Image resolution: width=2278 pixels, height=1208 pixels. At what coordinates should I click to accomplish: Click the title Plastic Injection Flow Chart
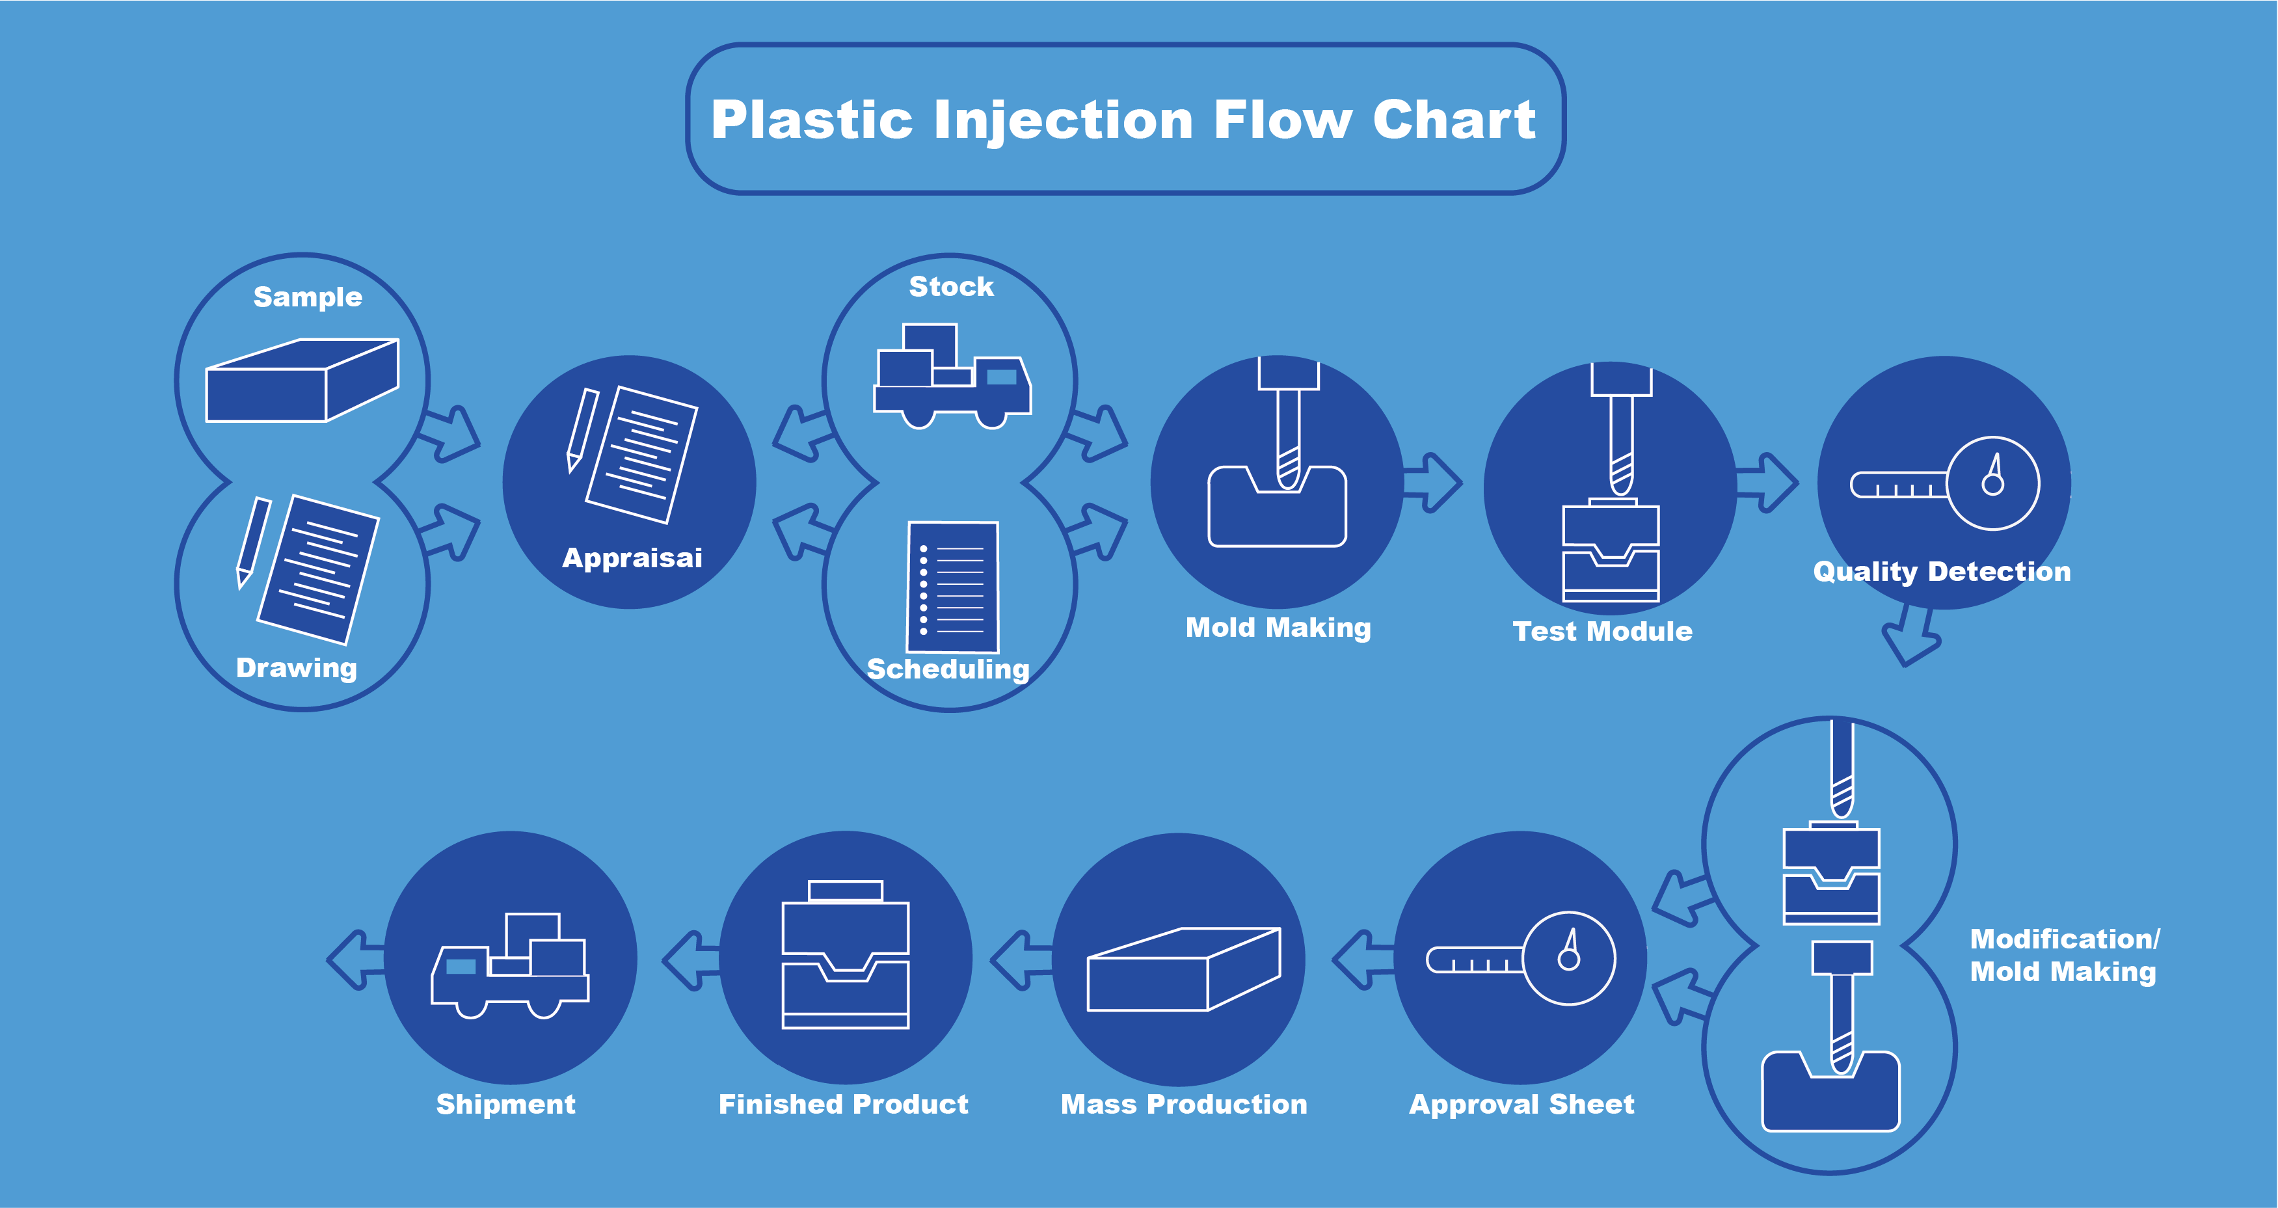[1123, 120]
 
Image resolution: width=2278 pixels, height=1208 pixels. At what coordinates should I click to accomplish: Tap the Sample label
[307, 297]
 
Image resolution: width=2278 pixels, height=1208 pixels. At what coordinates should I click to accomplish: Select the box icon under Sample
[302, 381]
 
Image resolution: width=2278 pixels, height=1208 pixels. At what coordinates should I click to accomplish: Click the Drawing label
[296, 667]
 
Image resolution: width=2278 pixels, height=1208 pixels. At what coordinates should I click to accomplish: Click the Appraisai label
[632, 558]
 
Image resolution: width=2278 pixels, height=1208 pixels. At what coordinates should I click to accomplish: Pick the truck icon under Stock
[952, 379]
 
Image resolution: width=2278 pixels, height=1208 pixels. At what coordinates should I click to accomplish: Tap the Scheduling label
[948, 669]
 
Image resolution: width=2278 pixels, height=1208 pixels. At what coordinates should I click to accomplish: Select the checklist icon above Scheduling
[952, 587]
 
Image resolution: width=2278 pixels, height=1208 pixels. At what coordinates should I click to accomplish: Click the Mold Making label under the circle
[1278, 628]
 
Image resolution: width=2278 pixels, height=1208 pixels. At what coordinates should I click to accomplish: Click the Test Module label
[1602, 632]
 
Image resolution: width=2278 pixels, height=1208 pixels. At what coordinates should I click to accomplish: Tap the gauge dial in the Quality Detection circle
[1992, 483]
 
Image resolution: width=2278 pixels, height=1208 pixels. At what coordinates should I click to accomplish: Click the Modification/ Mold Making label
[2063, 955]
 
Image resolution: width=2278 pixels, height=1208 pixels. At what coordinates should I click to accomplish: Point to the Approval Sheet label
[1521, 1105]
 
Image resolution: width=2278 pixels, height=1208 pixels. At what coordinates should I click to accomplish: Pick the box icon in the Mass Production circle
[1183, 969]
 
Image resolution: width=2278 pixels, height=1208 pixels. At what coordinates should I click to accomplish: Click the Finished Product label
[843, 1105]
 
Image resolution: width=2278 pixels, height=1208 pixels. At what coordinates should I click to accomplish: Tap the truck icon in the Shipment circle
[510, 966]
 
